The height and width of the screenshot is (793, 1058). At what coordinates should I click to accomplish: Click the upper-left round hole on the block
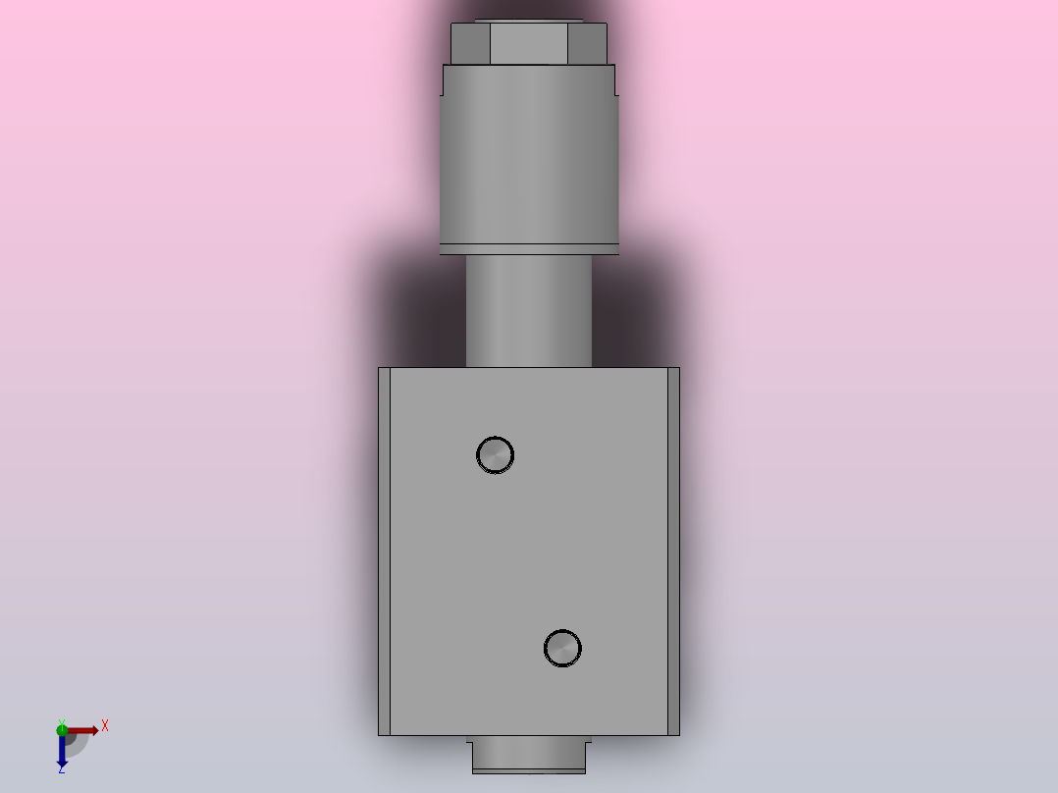click(x=495, y=454)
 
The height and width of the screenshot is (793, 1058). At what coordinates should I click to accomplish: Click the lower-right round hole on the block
click(x=562, y=648)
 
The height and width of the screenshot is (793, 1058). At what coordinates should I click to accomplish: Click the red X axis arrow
click(x=84, y=729)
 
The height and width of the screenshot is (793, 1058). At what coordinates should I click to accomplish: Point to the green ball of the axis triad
click(x=62, y=728)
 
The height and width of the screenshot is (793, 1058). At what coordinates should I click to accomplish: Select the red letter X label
click(x=105, y=726)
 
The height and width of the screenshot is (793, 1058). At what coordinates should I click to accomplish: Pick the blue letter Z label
click(x=61, y=770)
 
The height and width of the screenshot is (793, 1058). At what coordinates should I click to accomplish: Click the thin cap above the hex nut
click(x=528, y=21)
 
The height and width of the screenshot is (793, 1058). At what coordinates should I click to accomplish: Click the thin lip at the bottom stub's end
click(x=528, y=771)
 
